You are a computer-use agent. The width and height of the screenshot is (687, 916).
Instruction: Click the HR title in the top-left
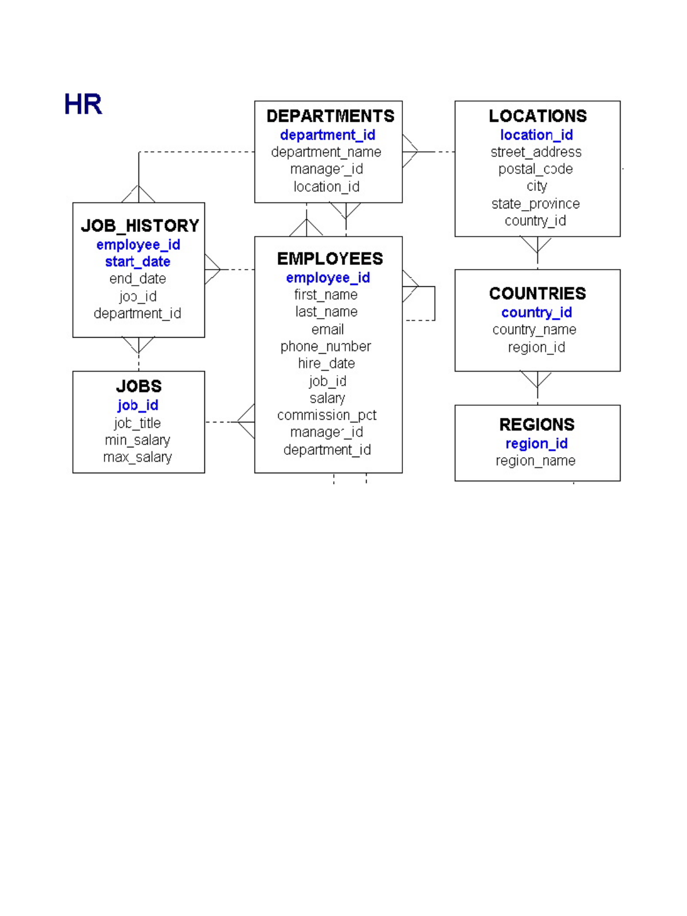click(x=83, y=104)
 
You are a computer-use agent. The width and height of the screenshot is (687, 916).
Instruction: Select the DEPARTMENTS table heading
click(x=330, y=116)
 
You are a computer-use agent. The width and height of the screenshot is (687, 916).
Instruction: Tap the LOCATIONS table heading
click(x=537, y=116)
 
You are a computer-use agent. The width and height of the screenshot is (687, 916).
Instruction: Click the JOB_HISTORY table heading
click(x=140, y=226)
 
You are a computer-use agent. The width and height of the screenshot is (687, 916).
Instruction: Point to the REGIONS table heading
click(x=537, y=425)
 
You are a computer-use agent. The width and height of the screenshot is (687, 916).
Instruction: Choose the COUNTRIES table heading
click(x=537, y=294)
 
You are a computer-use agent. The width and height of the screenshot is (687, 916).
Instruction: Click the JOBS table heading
click(x=139, y=386)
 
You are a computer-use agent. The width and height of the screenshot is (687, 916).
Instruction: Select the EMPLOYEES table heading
click(x=330, y=259)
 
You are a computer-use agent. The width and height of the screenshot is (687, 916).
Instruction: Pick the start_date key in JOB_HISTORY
click(x=137, y=262)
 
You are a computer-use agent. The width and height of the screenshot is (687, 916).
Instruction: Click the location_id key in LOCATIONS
click(x=536, y=135)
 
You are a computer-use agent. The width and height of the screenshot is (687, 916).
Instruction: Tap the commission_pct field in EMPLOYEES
click(x=327, y=416)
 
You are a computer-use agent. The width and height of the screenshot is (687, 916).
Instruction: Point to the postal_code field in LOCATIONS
click(x=536, y=169)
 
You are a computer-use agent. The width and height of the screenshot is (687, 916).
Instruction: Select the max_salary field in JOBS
click(x=137, y=457)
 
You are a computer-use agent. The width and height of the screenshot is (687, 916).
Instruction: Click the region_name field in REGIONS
click(x=535, y=461)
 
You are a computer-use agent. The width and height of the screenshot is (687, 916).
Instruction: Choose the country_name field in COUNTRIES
click(x=534, y=330)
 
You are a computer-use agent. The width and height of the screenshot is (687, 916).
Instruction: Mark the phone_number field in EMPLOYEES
click(x=326, y=346)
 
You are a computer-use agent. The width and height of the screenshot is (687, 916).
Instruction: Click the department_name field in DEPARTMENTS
click(x=326, y=152)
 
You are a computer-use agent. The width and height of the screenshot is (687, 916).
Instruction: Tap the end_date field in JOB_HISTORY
click(x=137, y=279)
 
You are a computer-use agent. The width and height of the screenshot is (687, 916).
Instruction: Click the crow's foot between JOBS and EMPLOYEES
click(x=247, y=422)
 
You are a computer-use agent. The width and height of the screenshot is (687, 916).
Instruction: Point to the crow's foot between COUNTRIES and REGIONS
click(x=537, y=379)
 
